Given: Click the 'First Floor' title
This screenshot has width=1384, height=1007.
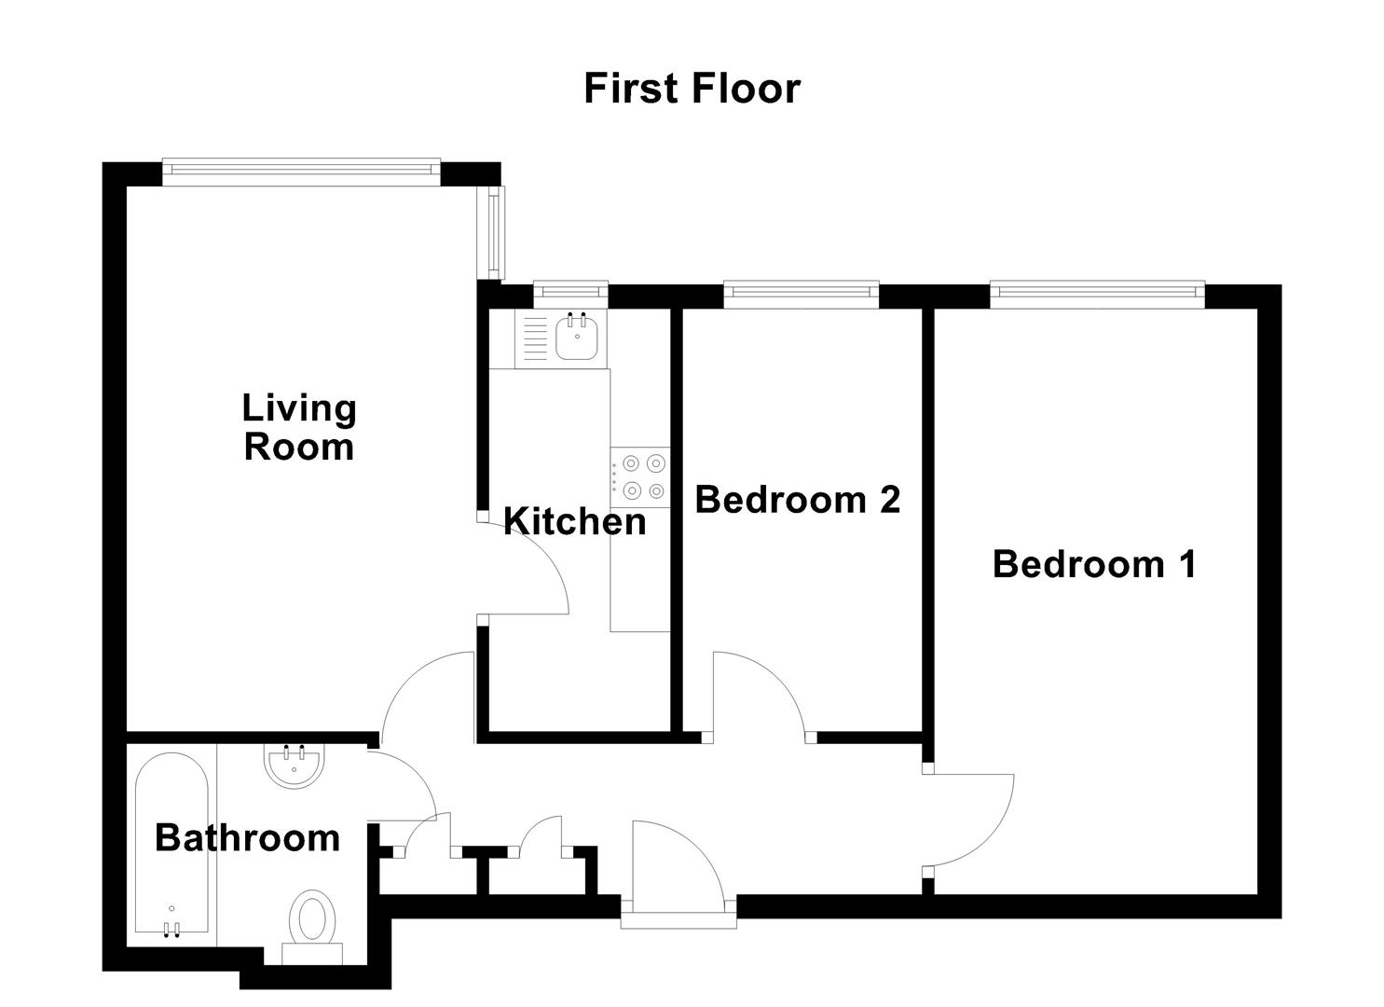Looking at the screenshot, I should (x=692, y=89).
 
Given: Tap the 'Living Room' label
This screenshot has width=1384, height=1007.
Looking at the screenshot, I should (x=298, y=427).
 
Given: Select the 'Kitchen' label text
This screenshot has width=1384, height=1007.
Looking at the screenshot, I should (x=574, y=521).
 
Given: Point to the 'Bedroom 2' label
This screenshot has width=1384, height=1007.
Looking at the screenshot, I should (x=798, y=500).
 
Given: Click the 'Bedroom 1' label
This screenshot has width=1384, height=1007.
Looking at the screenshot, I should (x=1094, y=564).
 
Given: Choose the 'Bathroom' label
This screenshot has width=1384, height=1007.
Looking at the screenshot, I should (x=247, y=837).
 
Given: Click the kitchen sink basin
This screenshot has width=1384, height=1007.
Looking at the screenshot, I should (x=577, y=337).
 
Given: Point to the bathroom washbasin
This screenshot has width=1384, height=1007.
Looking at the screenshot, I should (x=295, y=766).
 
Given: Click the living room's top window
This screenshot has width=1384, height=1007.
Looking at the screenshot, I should (x=300, y=169).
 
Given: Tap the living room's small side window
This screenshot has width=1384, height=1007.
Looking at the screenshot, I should (x=495, y=231).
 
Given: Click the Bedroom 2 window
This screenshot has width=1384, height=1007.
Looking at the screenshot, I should (x=801, y=294).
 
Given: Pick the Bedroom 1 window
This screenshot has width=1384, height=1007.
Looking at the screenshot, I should (x=1096, y=294).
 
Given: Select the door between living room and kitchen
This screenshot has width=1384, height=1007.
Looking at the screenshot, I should (x=527, y=569).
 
